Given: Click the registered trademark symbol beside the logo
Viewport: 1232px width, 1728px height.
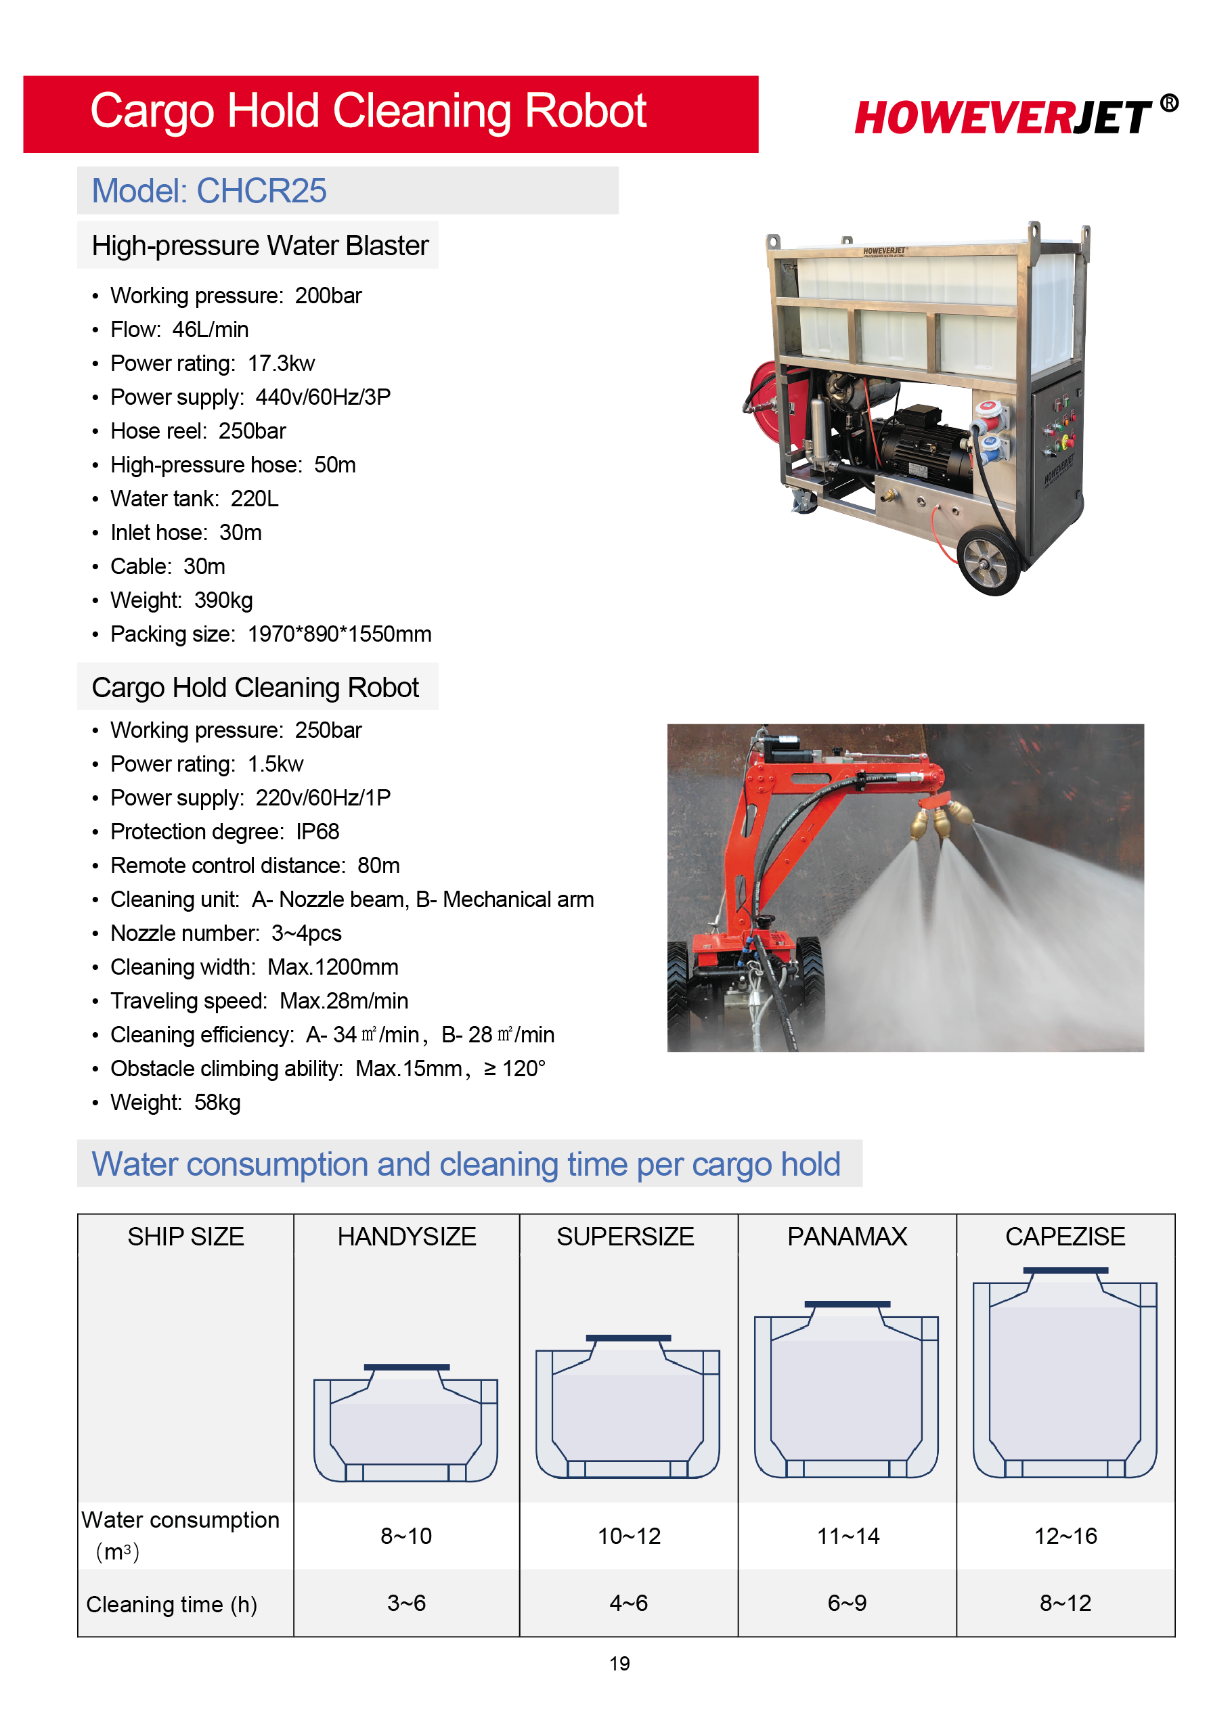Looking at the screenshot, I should (1169, 102).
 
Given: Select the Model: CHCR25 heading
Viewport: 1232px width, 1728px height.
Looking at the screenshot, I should (208, 190).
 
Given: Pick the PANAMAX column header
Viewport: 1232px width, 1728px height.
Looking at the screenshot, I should (847, 1237).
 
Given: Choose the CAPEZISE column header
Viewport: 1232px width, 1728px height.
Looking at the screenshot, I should (1065, 1237).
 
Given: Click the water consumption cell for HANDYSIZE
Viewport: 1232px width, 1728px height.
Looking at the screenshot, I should (406, 1536).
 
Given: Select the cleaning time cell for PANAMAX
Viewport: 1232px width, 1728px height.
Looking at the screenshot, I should (847, 1603).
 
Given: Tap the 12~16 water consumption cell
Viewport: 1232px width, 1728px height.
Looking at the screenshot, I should (1065, 1536).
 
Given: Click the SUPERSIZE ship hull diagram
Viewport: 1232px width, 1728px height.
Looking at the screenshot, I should (628, 1407).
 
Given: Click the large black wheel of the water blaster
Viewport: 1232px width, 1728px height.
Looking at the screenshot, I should (989, 562).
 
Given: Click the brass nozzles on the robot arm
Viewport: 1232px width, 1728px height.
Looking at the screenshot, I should (941, 819).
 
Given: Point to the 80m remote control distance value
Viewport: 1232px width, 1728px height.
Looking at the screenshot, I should (378, 866).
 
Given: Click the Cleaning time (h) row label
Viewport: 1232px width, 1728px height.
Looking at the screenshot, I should (171, 1604).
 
